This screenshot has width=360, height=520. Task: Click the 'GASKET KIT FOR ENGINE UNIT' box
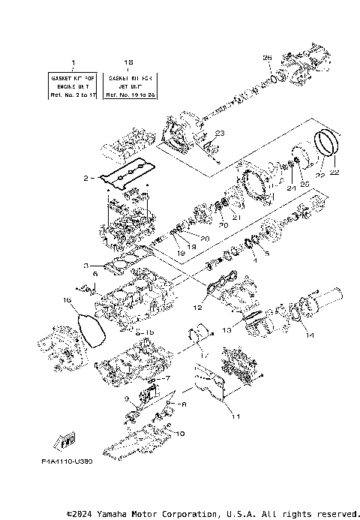coord(73,86)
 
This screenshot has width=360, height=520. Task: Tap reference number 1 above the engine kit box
coord(73,62)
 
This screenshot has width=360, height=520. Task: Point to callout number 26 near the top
coord(266,58)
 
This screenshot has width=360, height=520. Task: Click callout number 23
coord(220,133)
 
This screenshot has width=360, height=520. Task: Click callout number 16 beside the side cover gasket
coord(66,300)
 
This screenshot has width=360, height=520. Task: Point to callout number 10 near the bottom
coord(180,433)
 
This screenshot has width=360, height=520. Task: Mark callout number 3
coord(87,265)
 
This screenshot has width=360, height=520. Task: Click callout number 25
coord(304,183)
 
